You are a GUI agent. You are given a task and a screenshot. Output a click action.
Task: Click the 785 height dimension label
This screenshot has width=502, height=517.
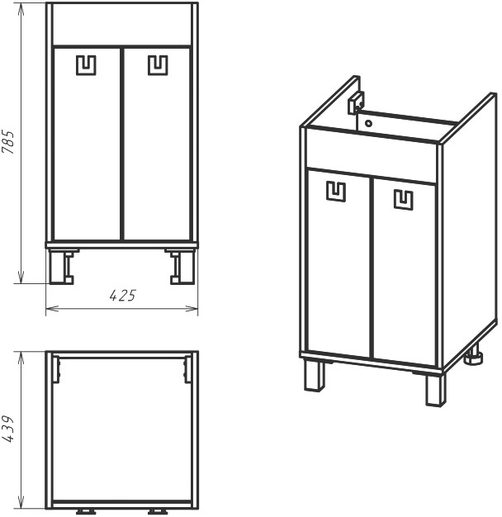[x=8, y=142]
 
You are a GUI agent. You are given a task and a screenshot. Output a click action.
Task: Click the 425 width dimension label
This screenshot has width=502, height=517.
[x=123, y=296]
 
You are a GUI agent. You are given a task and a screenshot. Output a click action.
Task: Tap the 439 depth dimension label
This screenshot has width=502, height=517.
[x=7, y=429]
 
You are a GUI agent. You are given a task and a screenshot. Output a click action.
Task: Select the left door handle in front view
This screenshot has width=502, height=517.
[x=86, y=65]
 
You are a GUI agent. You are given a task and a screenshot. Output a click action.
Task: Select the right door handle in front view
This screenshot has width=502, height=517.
[x=158, y=65]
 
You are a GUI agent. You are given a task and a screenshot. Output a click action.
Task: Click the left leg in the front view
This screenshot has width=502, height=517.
[x=62, y=267]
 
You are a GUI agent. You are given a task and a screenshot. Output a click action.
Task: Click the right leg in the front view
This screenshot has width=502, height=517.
[x=182, y=267]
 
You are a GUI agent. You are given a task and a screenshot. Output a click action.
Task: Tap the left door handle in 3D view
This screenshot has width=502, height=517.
[x=336, y=192]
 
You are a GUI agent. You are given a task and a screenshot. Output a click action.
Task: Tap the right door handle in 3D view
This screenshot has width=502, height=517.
[x=404, y=200]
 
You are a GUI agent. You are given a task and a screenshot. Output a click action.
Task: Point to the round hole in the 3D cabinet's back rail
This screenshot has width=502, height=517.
[x=368, y=124]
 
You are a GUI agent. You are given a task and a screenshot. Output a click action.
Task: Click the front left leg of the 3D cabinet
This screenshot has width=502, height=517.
[x=314, y=376]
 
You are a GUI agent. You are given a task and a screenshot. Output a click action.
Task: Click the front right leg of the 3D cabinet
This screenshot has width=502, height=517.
[x=435, y=390]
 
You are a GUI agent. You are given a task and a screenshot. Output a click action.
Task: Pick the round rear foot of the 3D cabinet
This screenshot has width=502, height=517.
[x=474, y=356]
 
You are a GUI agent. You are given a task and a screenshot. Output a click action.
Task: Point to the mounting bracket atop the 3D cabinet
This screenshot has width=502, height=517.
[x=356, y=102]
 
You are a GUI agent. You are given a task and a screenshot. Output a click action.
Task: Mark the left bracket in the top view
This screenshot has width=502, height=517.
[x=56, y=370]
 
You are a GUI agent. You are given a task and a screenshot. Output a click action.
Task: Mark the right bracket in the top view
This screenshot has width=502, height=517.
[x=187, y=370]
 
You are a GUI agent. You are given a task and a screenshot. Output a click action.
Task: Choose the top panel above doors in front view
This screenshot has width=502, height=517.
[x=122, y=25]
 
